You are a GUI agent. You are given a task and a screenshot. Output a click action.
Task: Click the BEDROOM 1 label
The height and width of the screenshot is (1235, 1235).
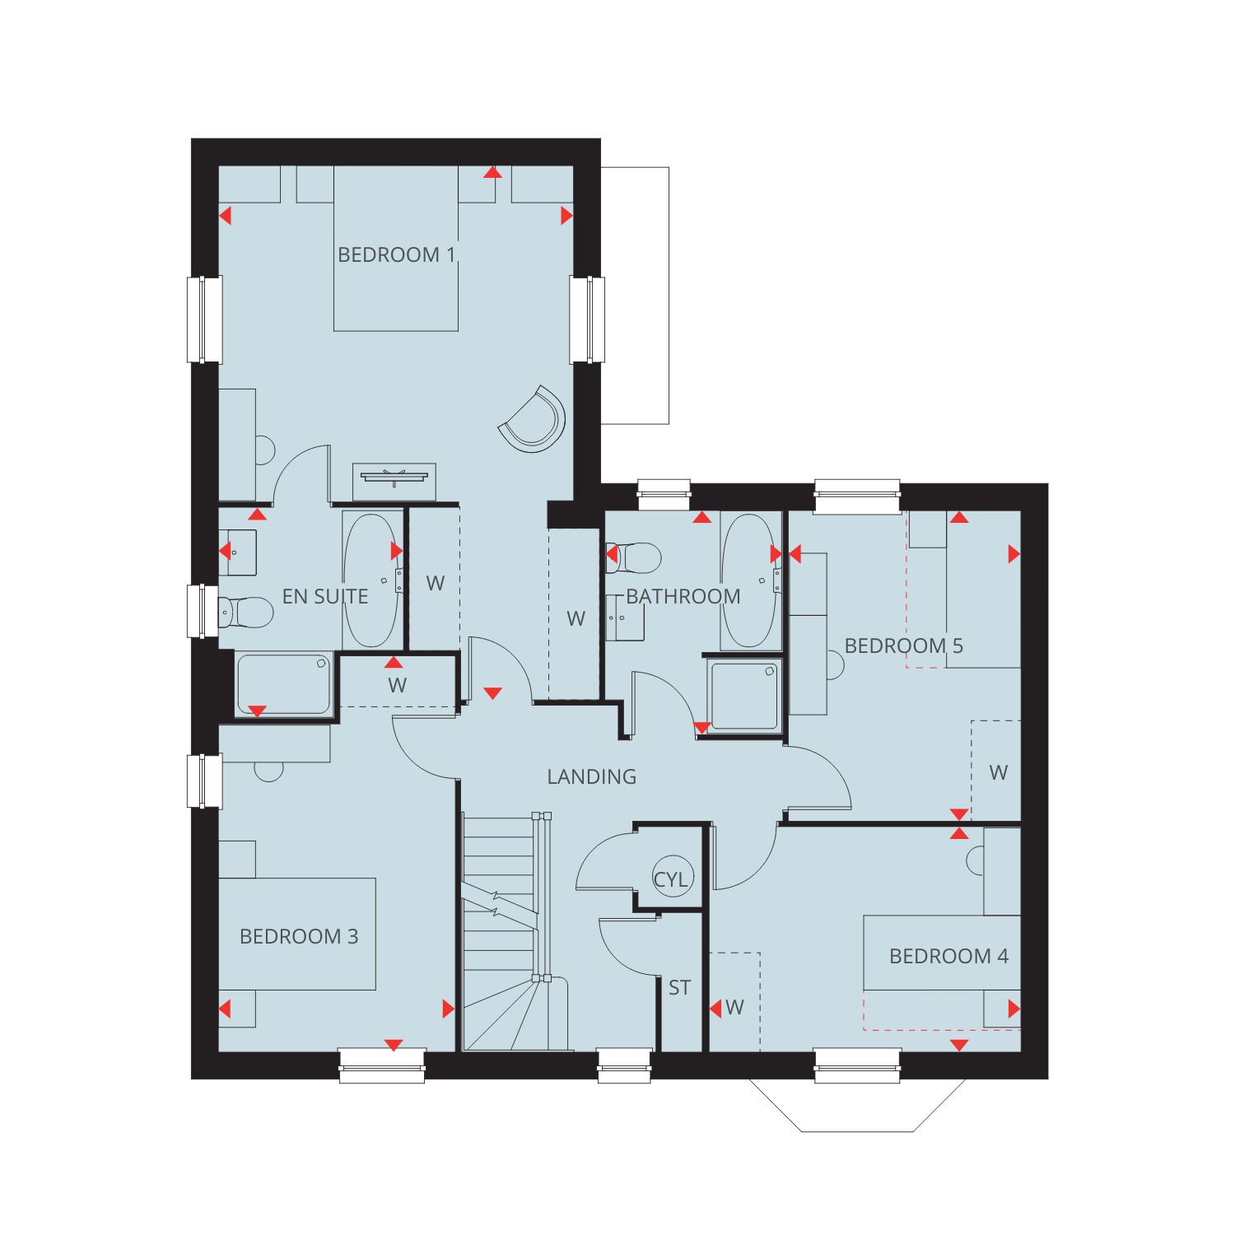click(x=396, y=254)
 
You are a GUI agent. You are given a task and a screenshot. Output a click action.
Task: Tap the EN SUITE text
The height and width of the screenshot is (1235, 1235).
click(x=325, y=596)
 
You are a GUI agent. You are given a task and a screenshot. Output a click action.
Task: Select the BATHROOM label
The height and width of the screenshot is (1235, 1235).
click(x=683, y=596)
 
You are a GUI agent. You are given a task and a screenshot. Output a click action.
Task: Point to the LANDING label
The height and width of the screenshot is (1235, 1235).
click(x=592, y=776)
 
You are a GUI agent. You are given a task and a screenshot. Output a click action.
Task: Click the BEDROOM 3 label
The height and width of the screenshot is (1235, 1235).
click(x=299, y=936)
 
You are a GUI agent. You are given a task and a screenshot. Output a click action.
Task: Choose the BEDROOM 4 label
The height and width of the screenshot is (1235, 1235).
click(x=948, y=956)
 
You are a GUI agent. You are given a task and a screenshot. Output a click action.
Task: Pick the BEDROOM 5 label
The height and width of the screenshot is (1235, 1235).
click(x=904, y=645)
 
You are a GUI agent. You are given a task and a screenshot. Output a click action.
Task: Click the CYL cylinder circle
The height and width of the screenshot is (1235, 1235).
click(x=671, y=878)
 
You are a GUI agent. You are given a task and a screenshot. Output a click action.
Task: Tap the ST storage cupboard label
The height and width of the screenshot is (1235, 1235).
click(x=679, y=987)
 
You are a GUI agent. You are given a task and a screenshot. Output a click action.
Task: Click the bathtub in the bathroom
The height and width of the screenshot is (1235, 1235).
click(x=748, y=581)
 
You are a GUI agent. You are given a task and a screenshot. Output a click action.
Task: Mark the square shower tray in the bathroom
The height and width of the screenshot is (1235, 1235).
click(x=745, y=696)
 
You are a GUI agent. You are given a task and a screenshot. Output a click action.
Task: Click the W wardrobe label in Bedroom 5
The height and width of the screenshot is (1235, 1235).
click(x=998, y=772)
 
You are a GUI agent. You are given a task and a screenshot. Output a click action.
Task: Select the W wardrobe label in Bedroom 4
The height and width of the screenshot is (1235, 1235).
click(x=734, y=1007)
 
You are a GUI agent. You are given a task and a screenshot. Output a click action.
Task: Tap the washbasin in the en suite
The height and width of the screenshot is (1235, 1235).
click(x=237, y=552)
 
